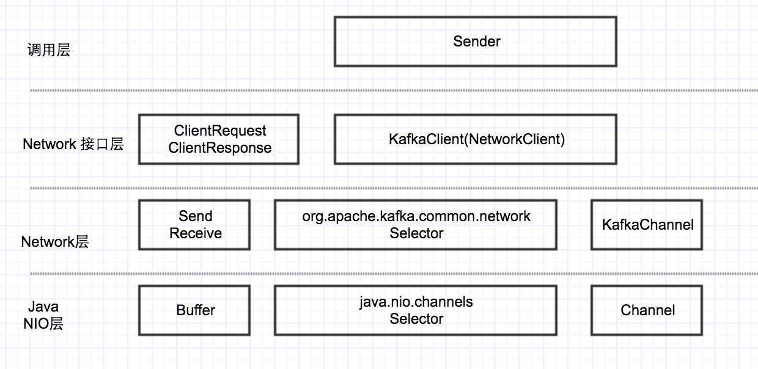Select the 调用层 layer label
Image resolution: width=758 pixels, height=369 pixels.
(x=49, y=50)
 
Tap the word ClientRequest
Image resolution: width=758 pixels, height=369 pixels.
(x=220, y=131)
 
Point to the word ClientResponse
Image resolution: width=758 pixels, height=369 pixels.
(x=220, y=148)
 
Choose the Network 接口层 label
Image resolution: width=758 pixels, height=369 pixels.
(x=73, y=144)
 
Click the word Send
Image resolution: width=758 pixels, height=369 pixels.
(x=195, y=216)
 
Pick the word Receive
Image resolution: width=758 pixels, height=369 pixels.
(x=195, y=233)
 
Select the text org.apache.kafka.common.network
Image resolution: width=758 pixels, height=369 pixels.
(x=416, y=216)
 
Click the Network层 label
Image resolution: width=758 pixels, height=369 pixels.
(x=55, y=242)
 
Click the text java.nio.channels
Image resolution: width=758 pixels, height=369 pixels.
(x=416, y=302)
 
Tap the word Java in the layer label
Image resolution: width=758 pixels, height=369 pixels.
(x=43, y=307)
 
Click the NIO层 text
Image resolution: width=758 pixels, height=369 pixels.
(x=43, y=324)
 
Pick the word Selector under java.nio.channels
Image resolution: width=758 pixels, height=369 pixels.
(x=416, y=319)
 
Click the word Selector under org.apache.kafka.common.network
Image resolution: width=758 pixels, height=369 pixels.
(x=416, y=233)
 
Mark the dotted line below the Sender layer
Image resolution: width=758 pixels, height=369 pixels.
(x=394, y=90)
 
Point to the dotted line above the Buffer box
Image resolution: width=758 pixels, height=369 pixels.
(x=394, y=274)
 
